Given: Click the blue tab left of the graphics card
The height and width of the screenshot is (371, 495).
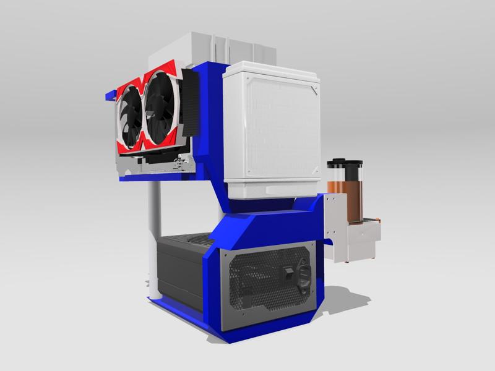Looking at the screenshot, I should click(x=110, y=96).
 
